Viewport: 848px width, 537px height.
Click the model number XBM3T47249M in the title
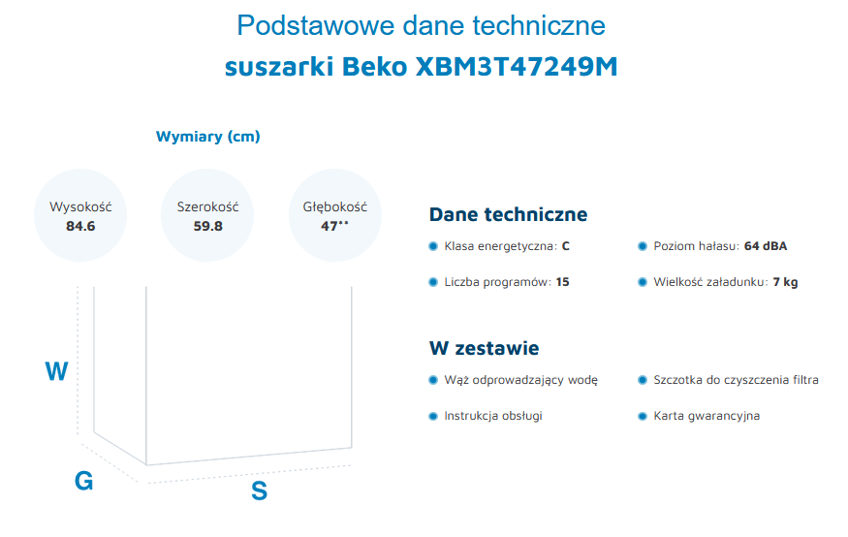[516, 67]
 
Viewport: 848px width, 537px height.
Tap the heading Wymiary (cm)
[207, 137]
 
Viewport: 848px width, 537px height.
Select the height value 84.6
[80, 226]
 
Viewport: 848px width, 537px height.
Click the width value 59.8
[208, 226]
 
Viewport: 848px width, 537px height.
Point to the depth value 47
[330, 226]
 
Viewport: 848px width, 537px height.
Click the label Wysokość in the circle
[80, 206]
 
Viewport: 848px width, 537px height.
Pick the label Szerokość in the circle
[208, 206]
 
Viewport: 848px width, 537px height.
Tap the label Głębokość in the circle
[334, 206]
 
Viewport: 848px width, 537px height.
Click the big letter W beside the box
[57, 371]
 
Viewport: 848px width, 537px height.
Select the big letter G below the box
[83, 481]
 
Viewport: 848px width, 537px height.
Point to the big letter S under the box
[259, 491]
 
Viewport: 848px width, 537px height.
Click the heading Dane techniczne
[508, 214]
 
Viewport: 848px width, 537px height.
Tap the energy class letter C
[566, 246]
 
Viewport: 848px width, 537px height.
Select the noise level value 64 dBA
[766, 246]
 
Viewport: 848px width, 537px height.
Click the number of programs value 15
[562, 282]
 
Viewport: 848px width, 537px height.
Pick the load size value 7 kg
[785, 282]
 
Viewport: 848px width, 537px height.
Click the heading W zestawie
[484, 348]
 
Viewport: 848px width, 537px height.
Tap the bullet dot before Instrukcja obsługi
[432, 416]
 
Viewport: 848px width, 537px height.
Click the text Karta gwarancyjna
[707, 416]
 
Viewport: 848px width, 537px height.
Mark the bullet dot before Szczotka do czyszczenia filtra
[643, 380]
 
